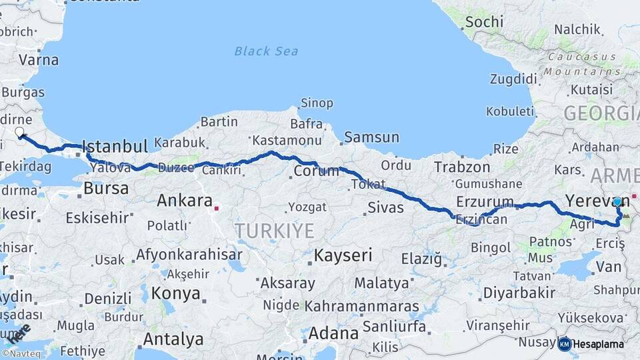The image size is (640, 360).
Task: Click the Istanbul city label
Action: tap(114, 147)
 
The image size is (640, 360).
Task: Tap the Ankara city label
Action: tap(184, 201)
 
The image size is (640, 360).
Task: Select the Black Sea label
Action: tap(266, 51)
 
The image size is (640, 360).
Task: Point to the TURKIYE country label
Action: tap(274, 231)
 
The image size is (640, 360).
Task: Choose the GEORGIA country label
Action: tap(600, 113)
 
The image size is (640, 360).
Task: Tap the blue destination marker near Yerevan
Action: tap(617, 201)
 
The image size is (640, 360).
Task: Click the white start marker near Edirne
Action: tap(19, 132)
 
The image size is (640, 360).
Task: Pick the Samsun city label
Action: tap(372, 138)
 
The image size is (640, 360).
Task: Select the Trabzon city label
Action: tap(462, 167)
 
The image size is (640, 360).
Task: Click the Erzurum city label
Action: tap(485, 201)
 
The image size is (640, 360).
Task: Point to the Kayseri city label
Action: tap(343, 255)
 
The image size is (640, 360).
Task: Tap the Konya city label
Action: tap(175, 293)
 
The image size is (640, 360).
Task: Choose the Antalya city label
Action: tap(173, 339)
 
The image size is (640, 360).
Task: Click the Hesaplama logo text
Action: tap(599, 345)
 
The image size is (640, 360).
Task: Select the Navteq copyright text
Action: tap(22, 354)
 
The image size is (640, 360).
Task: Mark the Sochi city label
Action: tap(484, 22)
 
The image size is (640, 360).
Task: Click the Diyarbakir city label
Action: tap(519, 293)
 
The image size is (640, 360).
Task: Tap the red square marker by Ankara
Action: tap(216, 208)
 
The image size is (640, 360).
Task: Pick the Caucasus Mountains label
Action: tap(581, 63)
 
